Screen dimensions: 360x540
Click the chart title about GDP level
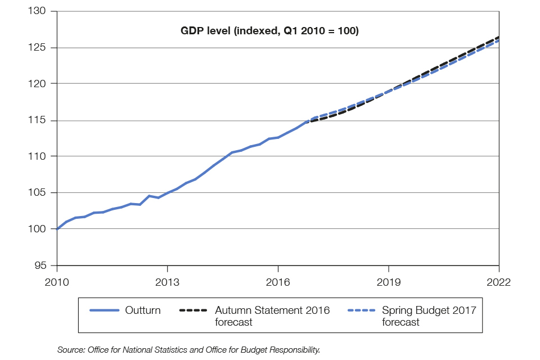click(x=269, y=31)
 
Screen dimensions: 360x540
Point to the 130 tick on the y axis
click(x=39, y=12)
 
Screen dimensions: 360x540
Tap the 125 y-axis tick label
click(x=39, y=48)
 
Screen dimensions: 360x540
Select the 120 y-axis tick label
click(x=39, y=84)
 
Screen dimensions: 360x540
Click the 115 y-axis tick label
click(x=39, y=120)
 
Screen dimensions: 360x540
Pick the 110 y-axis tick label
click(x=39, y=156)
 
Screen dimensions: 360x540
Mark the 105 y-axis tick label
click(x=39, y=193)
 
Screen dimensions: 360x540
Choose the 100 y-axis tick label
click(x=39, y=229)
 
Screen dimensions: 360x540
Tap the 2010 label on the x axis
click(x=57, y=281)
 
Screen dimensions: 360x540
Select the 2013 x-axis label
click(x=168, y=281)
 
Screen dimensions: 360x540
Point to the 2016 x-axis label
click(x=278, y=281)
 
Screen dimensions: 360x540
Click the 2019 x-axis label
click(x=389, y=281)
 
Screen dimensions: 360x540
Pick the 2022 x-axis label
click(x=499, y=281)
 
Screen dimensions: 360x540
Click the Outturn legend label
click(x=143, y=310)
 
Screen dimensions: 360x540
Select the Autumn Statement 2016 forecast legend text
click(x=272, y=316)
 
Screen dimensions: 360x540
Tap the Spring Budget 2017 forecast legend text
click(x=429, y=316)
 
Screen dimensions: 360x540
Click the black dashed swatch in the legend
click(x=193, y=310)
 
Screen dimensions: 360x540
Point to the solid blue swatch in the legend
click(x=105, y=310)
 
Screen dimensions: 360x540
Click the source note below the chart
click(x=188, y=350)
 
